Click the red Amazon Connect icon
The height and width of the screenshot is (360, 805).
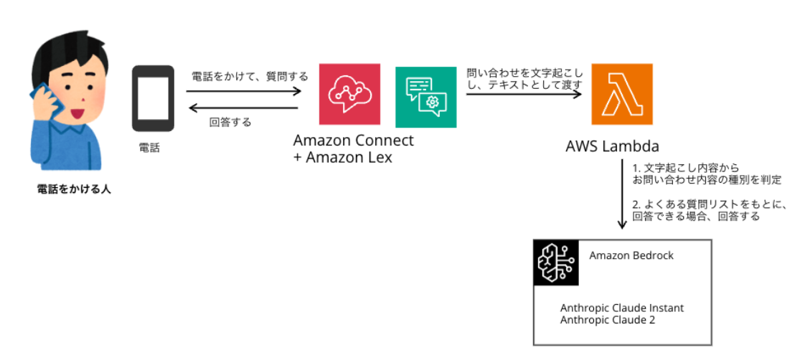point(349,95)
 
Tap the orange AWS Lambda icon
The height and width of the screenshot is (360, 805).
point(622,95)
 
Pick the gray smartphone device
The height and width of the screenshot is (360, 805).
point(153,98)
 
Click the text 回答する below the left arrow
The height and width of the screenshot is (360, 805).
point(230,122)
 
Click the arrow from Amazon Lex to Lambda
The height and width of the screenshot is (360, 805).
point(523,94)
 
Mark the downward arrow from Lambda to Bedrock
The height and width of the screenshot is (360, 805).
point(621,196)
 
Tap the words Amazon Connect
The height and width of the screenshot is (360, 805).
point(354,141)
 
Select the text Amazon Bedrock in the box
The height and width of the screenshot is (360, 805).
point(631,255)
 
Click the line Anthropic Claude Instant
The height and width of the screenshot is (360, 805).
point(621,308)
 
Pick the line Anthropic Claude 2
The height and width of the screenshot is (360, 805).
point(607,320)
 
